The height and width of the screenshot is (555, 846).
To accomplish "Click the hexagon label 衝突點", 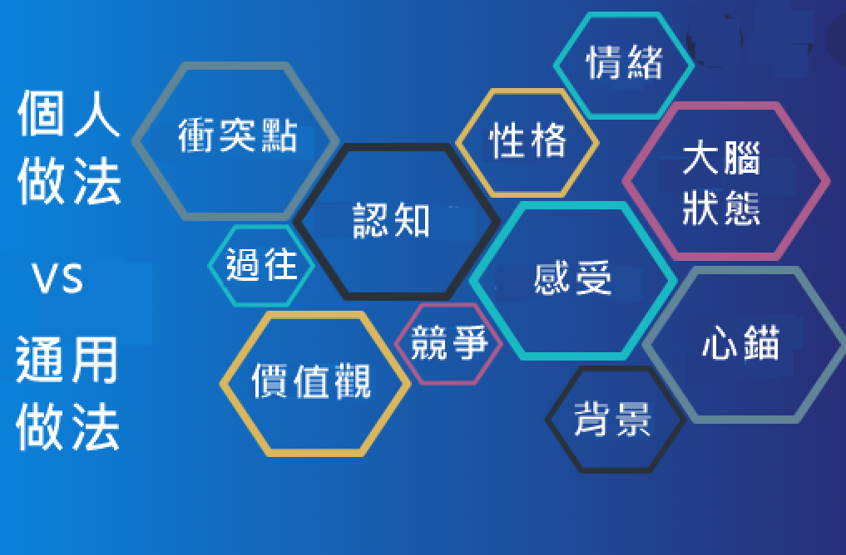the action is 237,135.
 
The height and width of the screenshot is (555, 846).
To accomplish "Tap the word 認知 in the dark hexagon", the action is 391,220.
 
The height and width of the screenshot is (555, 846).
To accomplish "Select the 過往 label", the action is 262,264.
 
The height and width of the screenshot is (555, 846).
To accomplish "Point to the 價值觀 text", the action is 311,381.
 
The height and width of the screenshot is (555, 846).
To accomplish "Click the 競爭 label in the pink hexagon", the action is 449,342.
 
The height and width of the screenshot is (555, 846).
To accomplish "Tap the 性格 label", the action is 527,140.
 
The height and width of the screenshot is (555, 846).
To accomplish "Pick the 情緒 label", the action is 624,62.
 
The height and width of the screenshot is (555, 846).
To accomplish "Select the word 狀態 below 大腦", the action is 721,208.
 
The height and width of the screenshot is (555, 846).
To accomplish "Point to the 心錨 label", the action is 741,342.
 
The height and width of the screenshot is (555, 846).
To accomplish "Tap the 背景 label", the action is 612,419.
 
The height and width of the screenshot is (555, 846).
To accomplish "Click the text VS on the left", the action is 57,278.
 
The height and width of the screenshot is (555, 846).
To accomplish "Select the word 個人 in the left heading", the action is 68,114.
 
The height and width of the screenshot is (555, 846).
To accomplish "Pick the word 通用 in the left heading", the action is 67,360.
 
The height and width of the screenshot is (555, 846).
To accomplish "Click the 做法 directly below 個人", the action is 69,180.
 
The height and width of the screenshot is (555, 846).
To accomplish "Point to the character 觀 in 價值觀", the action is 353,381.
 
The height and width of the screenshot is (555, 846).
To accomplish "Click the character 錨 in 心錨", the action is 761,342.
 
